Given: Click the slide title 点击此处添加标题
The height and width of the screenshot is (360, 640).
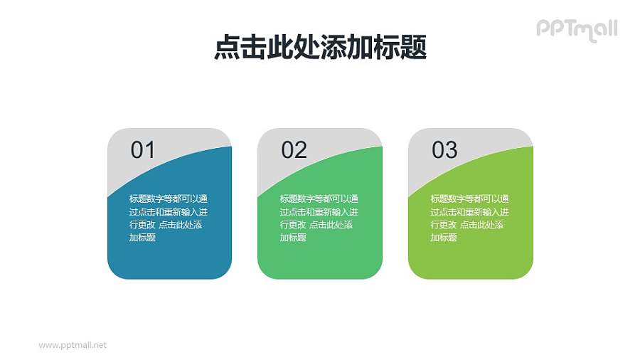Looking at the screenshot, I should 320,48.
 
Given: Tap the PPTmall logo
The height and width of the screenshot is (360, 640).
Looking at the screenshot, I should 576,28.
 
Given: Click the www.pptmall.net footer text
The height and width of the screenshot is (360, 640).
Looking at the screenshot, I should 73,344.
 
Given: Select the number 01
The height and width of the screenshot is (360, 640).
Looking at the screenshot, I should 142,149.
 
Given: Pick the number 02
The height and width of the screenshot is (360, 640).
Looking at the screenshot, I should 294,149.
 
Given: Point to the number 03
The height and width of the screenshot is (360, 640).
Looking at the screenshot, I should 444,149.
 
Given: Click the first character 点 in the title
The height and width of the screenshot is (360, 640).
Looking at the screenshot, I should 226,48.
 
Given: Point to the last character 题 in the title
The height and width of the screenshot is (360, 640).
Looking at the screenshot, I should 414,48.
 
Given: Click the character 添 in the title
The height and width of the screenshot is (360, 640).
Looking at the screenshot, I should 334,48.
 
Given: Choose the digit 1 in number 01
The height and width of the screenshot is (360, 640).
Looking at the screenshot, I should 149,149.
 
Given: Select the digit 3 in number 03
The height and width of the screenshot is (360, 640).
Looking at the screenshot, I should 451,149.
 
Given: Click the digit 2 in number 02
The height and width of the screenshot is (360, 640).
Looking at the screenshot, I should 300,149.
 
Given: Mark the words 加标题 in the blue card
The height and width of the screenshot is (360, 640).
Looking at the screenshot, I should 142,238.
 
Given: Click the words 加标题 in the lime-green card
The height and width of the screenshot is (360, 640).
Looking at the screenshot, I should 444,238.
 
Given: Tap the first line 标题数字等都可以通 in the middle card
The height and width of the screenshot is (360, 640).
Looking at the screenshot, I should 319,199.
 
